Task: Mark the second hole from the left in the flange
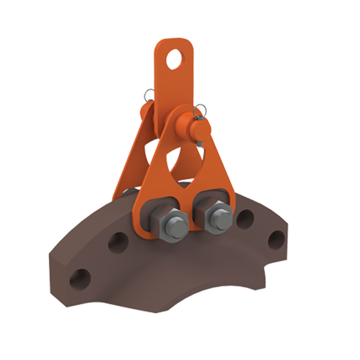point(117,243)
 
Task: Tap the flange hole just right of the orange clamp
point(244,219)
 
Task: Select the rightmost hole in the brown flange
point(275,239)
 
